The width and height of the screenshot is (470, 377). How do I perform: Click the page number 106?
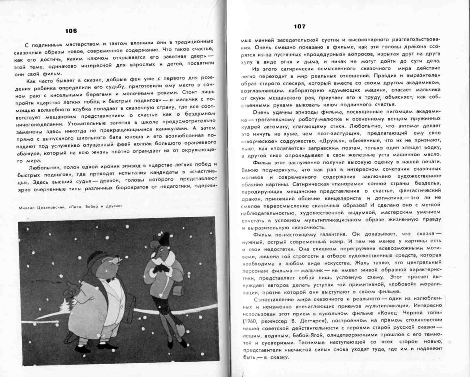click(71, 31)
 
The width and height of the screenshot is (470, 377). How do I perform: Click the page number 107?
click(299, 26)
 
